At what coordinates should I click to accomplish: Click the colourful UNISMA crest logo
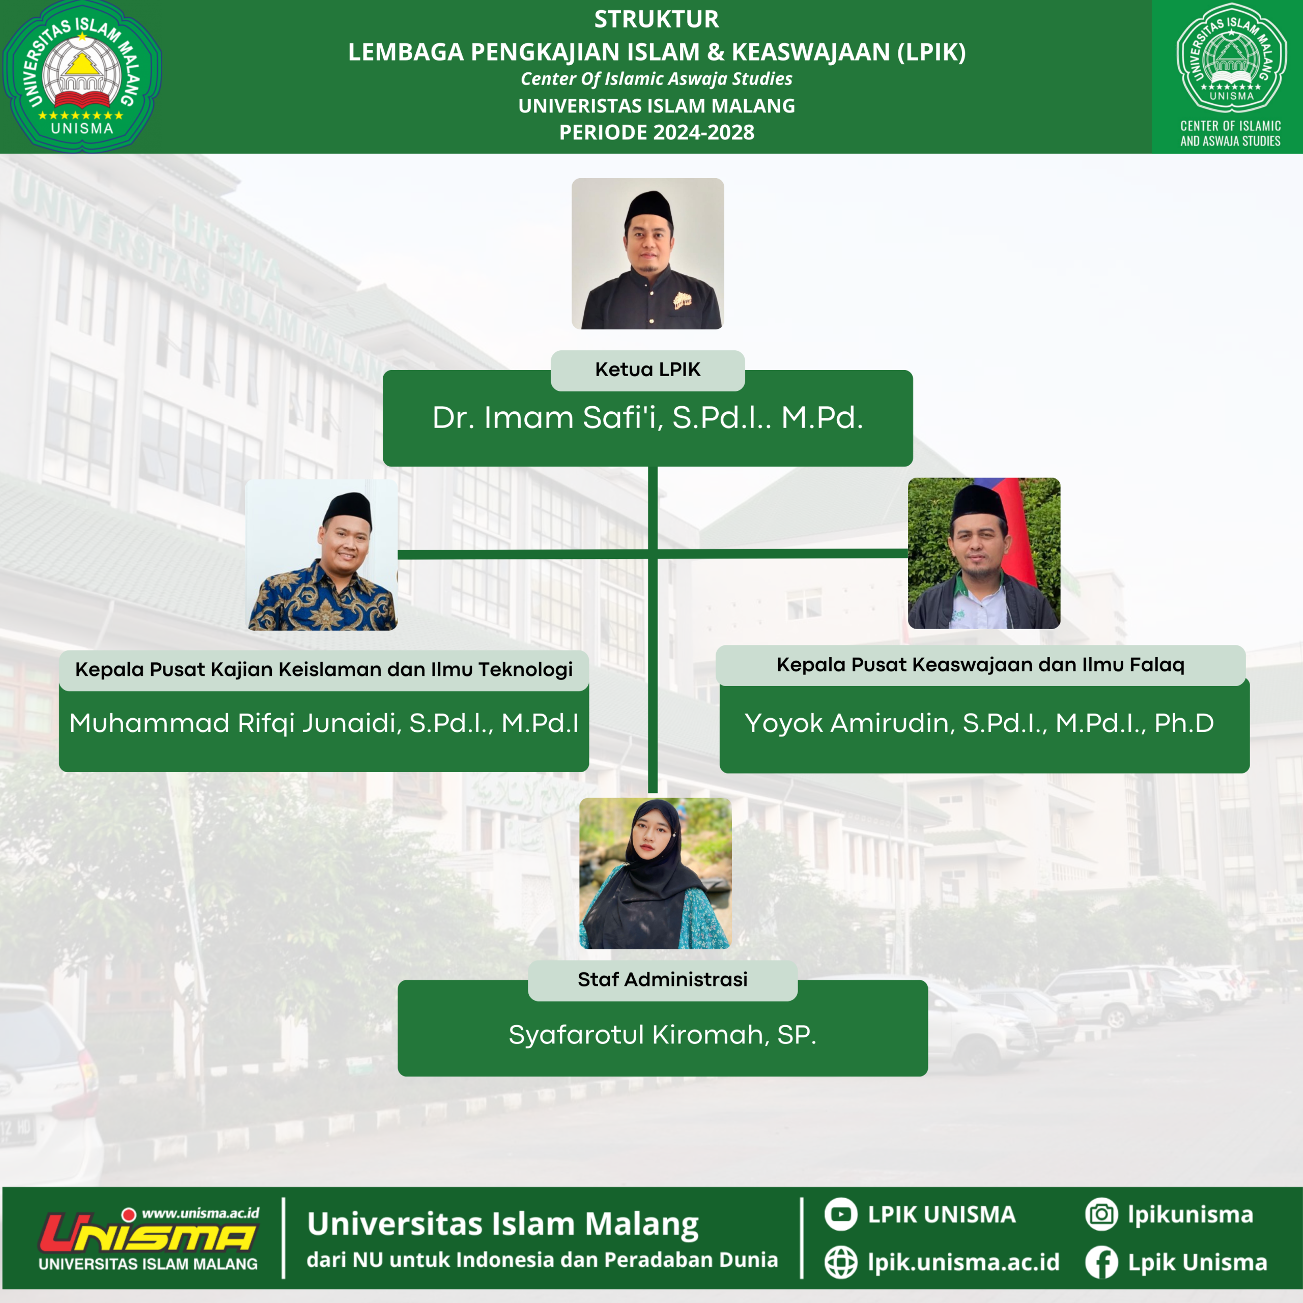tap(81, 75)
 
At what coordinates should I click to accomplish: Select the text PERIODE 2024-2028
tap(656, 132)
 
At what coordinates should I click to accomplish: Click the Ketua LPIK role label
tap(647, 370)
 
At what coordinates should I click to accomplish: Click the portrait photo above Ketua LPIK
tap(647, 253)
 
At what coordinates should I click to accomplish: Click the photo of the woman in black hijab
tap(655, 873)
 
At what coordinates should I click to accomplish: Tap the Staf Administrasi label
tap(662, 979)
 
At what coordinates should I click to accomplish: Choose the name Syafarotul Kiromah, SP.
tap(662, 1035)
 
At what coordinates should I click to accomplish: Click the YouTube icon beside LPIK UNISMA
tap(841, 1214)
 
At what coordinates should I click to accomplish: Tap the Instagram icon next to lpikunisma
tap(1101, 1214)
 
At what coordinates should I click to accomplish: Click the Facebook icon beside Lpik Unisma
tap(1101, 1262)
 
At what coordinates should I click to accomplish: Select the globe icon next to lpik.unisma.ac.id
tap(841, 1262)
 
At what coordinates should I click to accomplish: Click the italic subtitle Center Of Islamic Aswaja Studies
tap(656, 79)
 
